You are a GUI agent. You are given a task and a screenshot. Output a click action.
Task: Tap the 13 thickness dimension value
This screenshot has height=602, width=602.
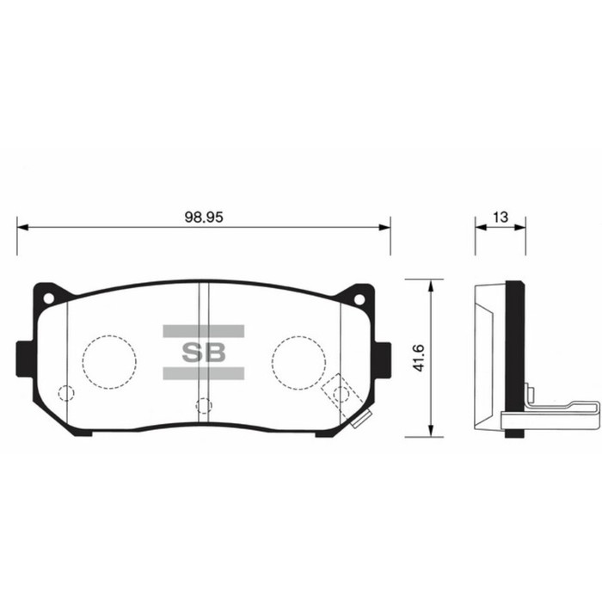[x=500, y=218]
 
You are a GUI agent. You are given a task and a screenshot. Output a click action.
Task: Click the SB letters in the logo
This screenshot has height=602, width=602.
[x=203, y=352]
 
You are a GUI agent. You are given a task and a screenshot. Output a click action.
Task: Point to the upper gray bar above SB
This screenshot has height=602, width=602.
[x=203, y=331]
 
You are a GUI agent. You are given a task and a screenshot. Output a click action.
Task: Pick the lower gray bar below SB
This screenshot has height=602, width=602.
[x=203, y=372]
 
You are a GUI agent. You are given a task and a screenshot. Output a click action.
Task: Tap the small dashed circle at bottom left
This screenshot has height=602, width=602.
[x=65, y=394]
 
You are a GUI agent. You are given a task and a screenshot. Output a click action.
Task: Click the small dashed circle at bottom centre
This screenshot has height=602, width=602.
[x=203, y=405]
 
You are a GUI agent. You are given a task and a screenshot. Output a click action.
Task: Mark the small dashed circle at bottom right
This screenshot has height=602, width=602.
[x=341, y=394]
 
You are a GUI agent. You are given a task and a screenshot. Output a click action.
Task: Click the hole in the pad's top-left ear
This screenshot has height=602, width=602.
[x=48, y=299]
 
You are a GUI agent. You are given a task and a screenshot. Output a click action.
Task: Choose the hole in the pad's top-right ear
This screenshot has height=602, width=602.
[x=359, y=299]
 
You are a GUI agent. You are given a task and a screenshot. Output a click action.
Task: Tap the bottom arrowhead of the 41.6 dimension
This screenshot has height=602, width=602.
[x=428, y=432]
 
